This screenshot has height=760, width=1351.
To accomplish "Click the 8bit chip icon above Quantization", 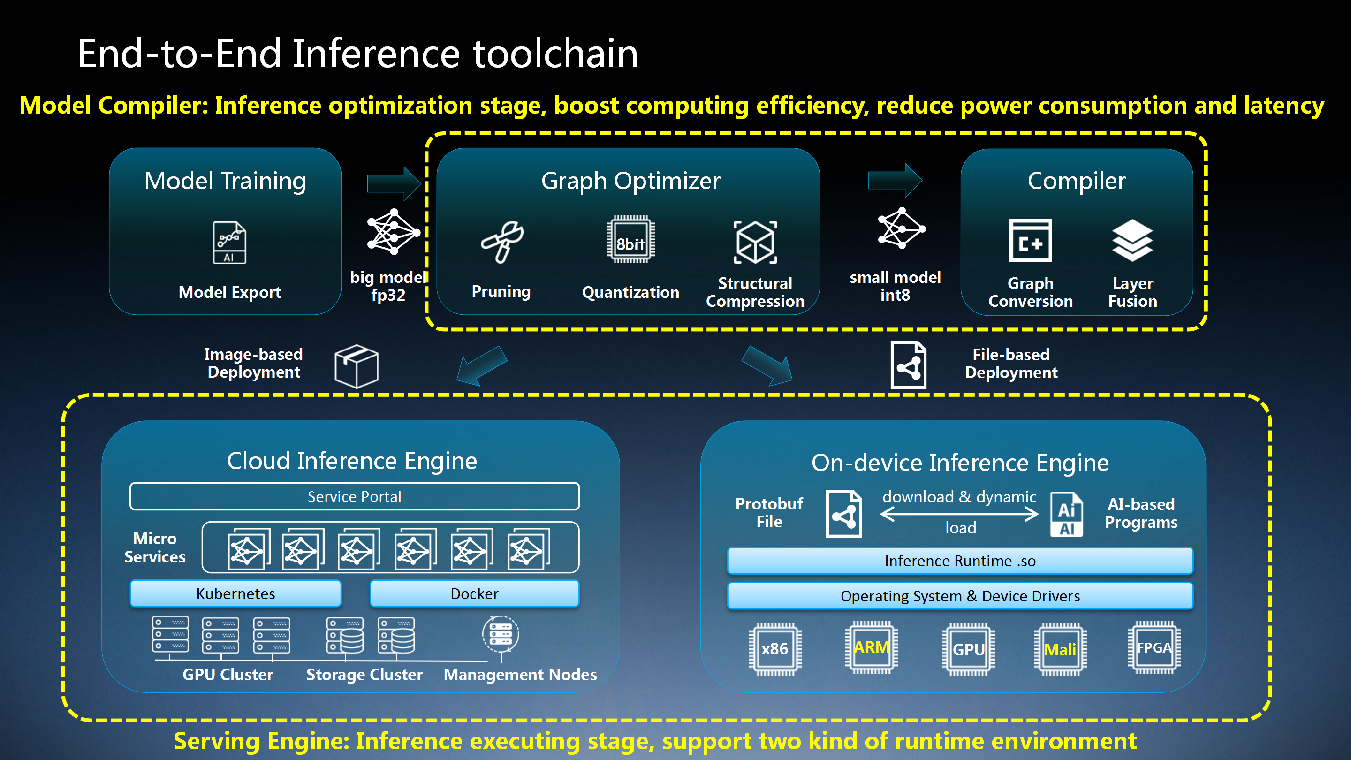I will click(x=630, y=240).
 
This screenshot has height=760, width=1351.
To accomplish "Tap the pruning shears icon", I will click(x=502, y=241).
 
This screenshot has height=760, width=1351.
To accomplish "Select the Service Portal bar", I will click(x=355, y=496).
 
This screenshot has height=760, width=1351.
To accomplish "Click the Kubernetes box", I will click(x=235, y=593).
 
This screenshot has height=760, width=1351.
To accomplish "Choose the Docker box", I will click(x=474, y=593).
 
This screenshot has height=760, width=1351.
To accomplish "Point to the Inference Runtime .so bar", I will click(x=960, y=561).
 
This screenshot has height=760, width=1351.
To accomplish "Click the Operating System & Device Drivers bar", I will click(x=960, y=596).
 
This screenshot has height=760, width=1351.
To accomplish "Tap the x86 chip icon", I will click(x=775, y=648).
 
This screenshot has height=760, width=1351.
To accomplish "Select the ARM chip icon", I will click(x=871, y=647).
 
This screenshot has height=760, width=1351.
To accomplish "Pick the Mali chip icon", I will click(x=1060, y=649).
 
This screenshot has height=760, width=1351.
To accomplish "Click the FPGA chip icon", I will click(x=1154, y=647).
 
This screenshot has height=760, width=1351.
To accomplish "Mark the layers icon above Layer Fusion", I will click(x=1132, y=240).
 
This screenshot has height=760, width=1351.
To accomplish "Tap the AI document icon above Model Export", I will click(x=229, y=243).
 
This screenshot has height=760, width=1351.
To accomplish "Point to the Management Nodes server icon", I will click(x=501, y=634).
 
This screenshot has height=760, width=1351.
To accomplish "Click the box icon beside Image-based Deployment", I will click(x=357, y=365).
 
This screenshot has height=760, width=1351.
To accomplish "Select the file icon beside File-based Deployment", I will click(x=908, y=365).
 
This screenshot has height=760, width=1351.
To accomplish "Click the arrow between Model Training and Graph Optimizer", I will click(x=394, y=183).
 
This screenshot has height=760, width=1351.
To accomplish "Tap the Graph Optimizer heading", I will click(x=630, y=181).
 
